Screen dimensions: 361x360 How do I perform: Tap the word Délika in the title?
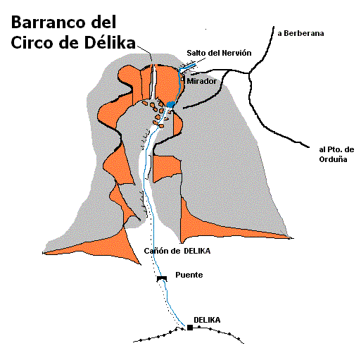pos(110,42)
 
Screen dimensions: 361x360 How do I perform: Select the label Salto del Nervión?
pos(219,53)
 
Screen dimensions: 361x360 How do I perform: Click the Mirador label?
pos(201,81)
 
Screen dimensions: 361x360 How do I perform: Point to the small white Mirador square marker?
pos(182,80)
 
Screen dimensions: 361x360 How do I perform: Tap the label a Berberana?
pos(300,33)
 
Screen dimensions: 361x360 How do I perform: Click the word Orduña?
pos(333,159)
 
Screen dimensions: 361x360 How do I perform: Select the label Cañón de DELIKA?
pos(177,251)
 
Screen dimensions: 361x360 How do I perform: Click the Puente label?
pos(189,275)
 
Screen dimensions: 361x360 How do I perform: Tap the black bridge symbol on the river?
pos(162,278)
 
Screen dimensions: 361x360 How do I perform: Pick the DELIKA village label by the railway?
pos(207,320)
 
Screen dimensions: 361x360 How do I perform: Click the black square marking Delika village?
pos(190,328)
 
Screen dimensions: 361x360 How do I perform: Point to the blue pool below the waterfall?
pos(171,104)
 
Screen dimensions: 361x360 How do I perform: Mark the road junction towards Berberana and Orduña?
pos(249,73)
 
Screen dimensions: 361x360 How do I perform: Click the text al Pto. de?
pos(336,149)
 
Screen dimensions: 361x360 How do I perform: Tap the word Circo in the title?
pos(33,43)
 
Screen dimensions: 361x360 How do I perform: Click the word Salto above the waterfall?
pos(196,53)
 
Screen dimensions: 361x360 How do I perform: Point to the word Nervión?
pos(236,53)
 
